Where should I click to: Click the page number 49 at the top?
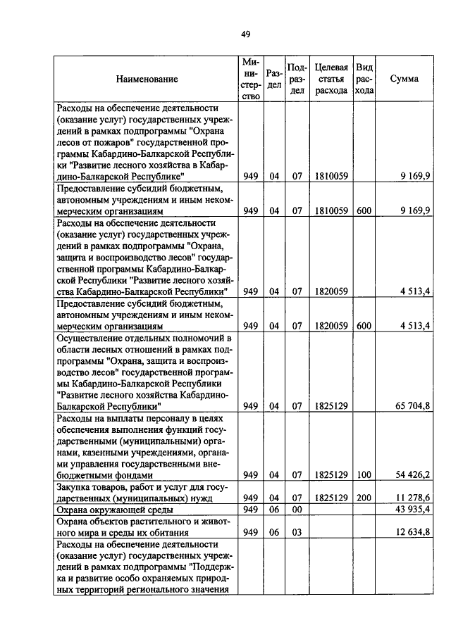point(245,33)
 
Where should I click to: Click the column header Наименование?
point(147,80)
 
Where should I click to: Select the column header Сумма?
point(404,80)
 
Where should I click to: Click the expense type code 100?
point(364,475)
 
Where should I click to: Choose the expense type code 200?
point(364,498)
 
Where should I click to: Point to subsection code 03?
point(297,532)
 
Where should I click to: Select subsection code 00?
point(297,509)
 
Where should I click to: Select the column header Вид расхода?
point(364,79)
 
